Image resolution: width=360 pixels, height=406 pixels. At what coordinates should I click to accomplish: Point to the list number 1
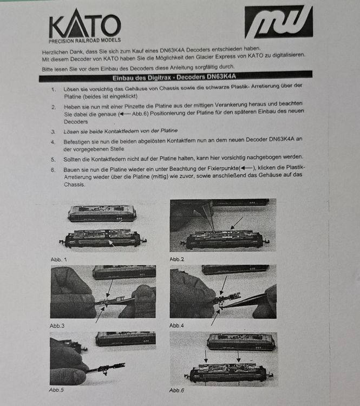[53, 87]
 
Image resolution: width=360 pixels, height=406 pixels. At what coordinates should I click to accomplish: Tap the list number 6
[53, 169]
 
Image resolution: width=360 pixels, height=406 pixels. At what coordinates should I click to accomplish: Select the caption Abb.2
[178, 259]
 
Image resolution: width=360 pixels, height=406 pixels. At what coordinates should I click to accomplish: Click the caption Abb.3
[58, 325]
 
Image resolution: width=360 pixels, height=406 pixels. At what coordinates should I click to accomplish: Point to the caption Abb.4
[178, 325]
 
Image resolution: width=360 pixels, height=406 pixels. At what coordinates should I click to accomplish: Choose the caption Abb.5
[58, 389]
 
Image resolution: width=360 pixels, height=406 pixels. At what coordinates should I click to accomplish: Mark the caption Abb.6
[178, 390]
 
